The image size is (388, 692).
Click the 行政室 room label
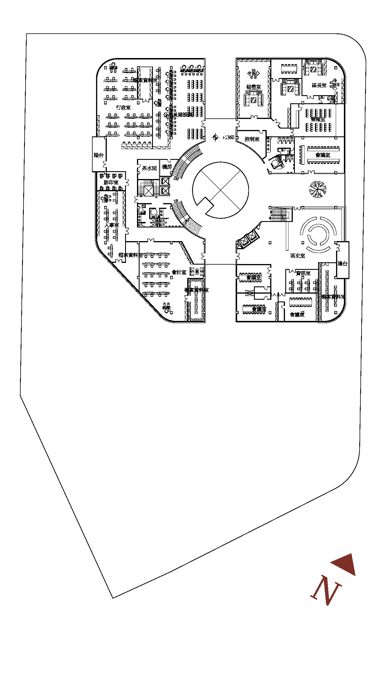(x=123, y=108)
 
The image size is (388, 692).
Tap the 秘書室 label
(x=253, y=87)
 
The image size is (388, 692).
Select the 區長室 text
(x=319, y=85)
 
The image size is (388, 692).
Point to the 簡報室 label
(x=318, y=119)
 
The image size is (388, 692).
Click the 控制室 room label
(x=252, y=139)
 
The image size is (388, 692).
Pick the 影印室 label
(x=111, y=182)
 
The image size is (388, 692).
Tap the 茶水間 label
(x=149, y=168)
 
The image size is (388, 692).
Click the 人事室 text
(x=112, y=225)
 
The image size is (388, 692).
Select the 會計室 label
(x=179, y=272)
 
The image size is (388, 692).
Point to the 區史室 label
(x=298, y=256)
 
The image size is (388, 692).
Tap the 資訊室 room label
(x=303, y=273)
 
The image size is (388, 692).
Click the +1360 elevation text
(x=228, y=138)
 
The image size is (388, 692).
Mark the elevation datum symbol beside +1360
(x=215, y=137)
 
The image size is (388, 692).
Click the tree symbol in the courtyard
(x=318, y=189)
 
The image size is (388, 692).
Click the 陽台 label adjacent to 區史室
(x=342, y=264)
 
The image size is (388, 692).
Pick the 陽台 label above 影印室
(x=99, y=155)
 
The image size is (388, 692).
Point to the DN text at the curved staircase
(x=176, y=179)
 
